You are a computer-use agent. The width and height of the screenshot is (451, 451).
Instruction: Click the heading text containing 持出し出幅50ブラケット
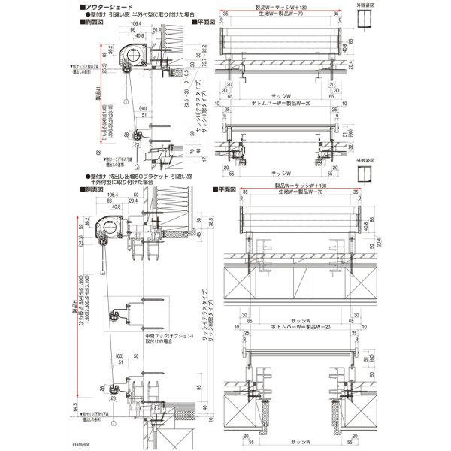pos(128,175)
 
